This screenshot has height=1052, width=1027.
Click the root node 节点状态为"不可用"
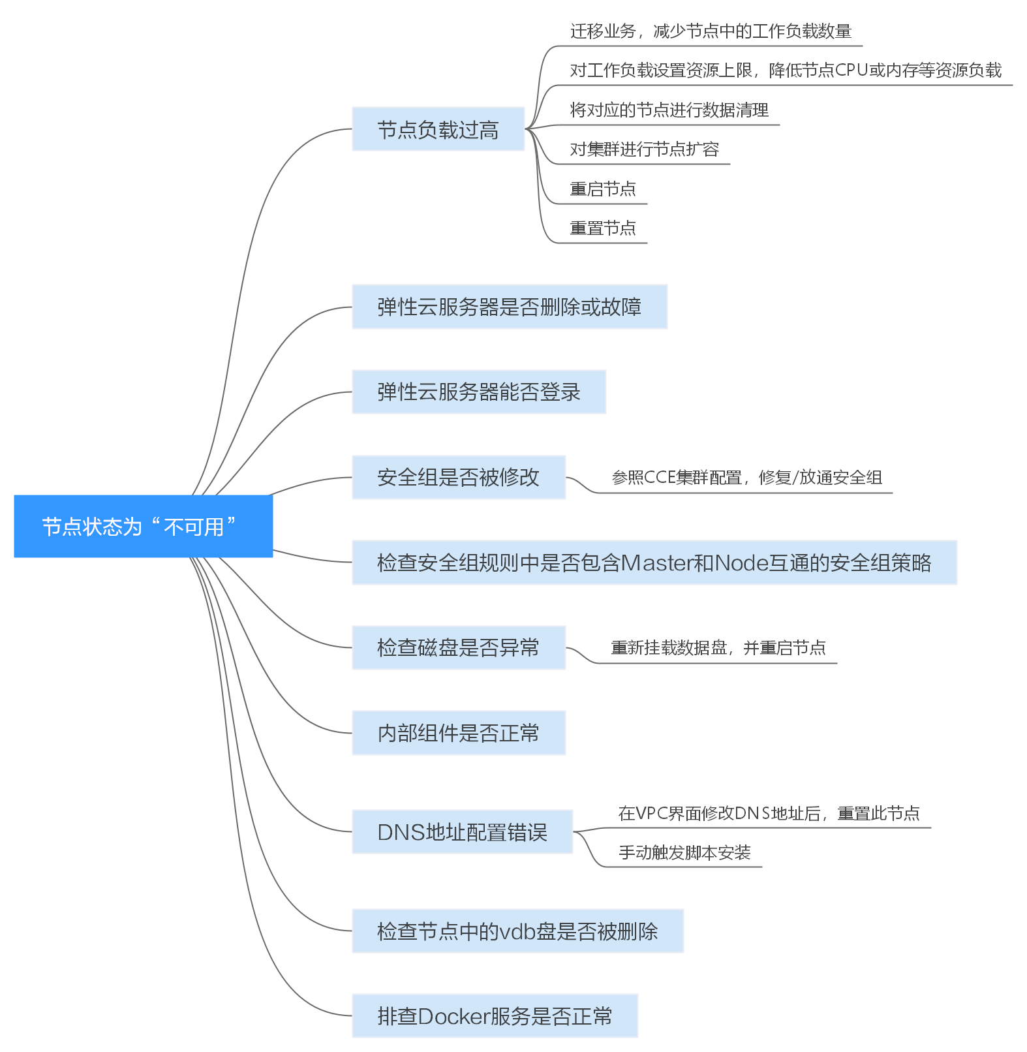click(143, 526)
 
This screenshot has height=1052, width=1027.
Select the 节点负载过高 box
click(438, 129)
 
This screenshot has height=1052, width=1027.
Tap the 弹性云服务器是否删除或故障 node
click(509, 307)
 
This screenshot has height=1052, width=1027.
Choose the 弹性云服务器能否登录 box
click(478, 392)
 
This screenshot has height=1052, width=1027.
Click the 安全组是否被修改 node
click(458, 477)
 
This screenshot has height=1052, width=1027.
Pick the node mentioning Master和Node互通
click(654, 563)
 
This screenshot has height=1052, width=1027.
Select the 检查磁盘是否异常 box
click(458, 647)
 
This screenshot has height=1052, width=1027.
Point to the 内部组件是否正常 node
click(458, 733)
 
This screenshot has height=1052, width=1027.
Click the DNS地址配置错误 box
click(462, 832)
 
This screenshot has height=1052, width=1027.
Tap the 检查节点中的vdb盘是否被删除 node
click(517, 931)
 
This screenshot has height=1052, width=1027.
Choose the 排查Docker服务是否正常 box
click(495, 1016)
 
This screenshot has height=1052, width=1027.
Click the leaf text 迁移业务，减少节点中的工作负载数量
click(711, 31)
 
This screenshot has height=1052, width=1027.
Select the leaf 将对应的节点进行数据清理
click(669, 110)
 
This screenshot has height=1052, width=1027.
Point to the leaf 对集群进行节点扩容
click(644, 149)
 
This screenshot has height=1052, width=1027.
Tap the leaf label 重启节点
click(602, 189)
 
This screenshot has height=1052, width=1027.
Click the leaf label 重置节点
click(602, 228)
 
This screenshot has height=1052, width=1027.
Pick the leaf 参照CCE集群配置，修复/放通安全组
click(746, 478)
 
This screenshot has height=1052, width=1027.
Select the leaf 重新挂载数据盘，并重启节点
click(718, 648)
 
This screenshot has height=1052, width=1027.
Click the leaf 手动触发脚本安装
click(684, 852)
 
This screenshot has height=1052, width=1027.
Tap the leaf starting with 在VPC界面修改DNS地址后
click(769, 813)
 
